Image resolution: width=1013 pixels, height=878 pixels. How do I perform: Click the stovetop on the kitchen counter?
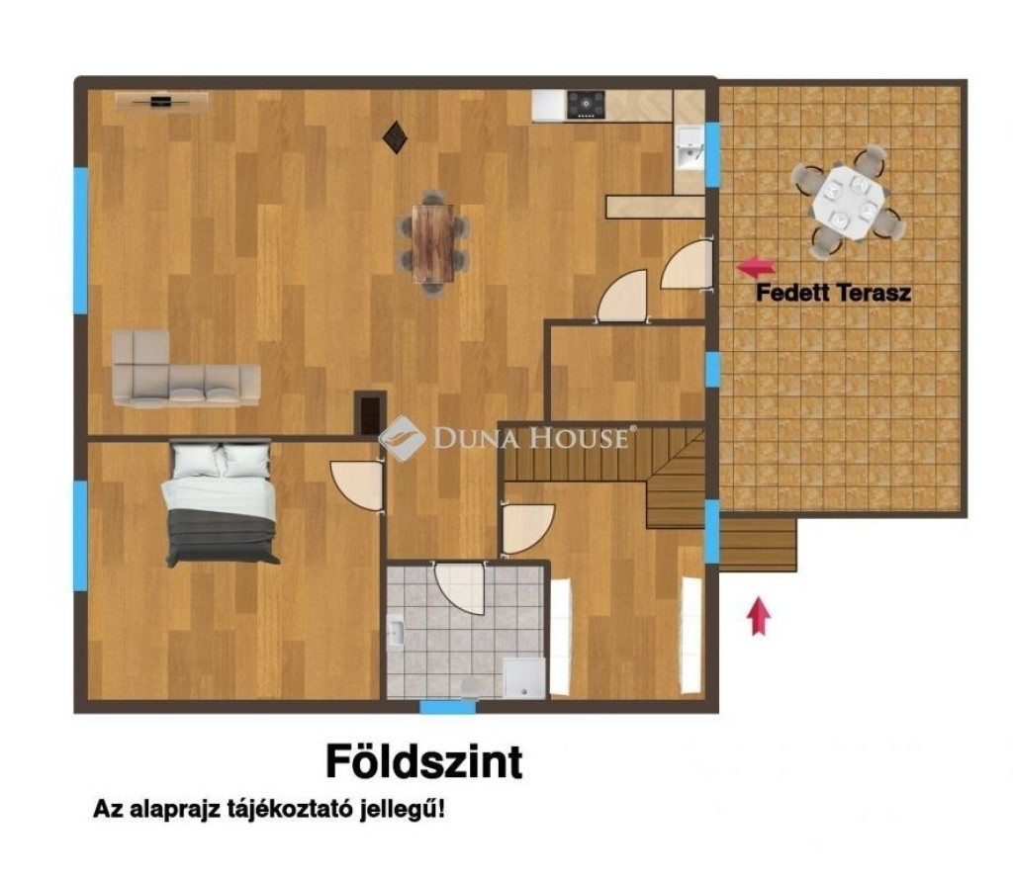(x=586, y=105)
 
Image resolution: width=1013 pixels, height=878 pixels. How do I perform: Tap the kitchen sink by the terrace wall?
(x=690, y=148)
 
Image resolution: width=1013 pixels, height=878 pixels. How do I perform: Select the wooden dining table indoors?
(x=433, y=243)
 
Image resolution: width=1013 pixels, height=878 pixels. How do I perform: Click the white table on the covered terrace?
(x=847, y=203)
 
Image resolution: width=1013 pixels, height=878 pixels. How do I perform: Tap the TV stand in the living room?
(x=161, y=102)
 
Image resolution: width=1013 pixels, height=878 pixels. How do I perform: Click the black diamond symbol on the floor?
(x=395, y=137)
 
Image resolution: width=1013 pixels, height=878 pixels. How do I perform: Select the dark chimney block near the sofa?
(x=370, y=413)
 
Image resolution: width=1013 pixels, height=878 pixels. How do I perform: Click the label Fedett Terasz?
(x=833, y=293)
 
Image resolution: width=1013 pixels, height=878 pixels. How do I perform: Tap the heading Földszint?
(x=423, y=761)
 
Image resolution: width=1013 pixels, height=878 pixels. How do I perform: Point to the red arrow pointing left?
(x=756, y=266)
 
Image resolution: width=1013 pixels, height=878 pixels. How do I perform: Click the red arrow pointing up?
(x=759, y=615)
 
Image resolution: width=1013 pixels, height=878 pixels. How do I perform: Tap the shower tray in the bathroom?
(x=524, y=677)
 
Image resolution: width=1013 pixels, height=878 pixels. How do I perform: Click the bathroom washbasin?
(x=396, y=630)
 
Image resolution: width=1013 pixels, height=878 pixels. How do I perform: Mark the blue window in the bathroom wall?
(x=448, y=707)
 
